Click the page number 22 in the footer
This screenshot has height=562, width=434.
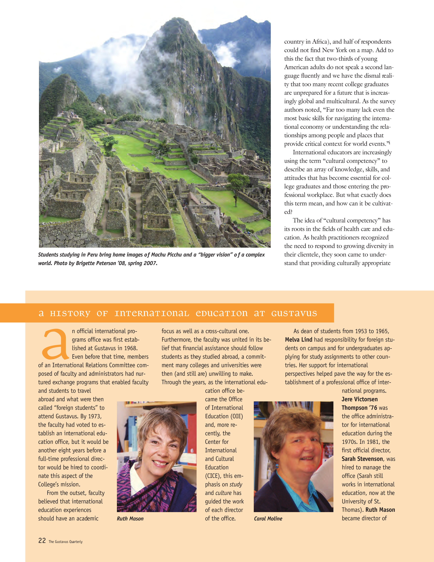click(42, 540)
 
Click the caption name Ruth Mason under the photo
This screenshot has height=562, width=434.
click(130, 519)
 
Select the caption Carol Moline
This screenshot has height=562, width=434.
click(268, 519)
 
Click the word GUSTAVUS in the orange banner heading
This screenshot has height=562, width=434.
click(294, 313)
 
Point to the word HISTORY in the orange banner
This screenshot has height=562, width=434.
click(70, 313)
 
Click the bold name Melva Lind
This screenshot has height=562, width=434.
click(299, 340)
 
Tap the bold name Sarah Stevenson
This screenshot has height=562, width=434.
click(362, 459)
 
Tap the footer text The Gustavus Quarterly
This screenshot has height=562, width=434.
click(66, 542)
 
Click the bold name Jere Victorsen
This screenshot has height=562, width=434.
click(359, 399)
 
